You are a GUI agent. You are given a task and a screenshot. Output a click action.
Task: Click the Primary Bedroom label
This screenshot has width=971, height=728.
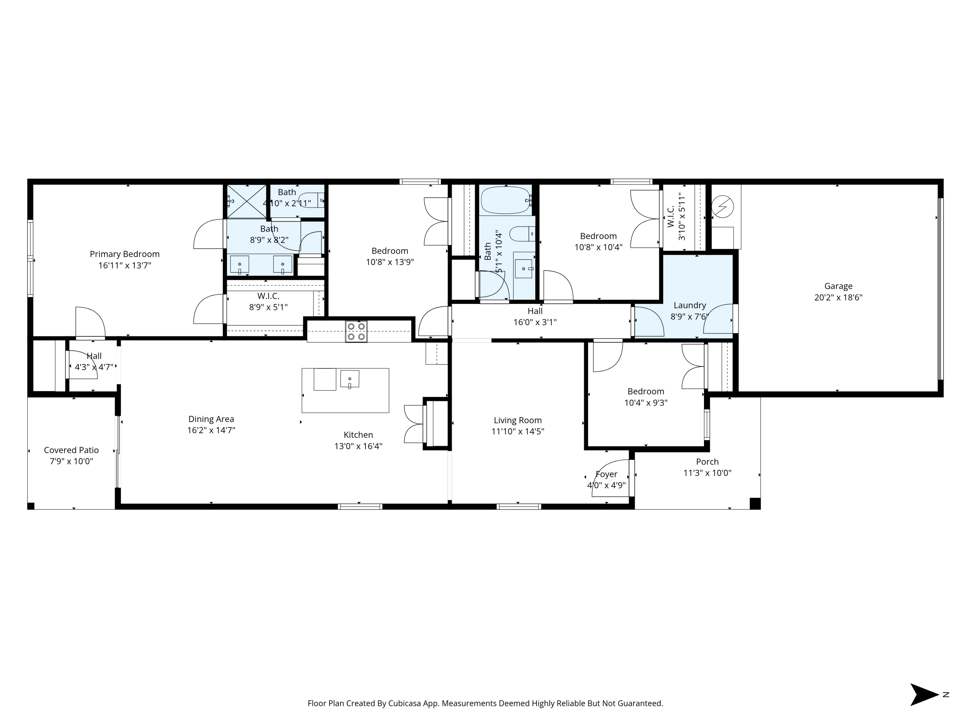[x=125, y=254]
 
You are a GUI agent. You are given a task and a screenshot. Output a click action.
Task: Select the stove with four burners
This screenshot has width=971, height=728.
[x=356, y=331]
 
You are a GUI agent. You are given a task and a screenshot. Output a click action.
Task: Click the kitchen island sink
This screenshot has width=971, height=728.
[x=350, y=379]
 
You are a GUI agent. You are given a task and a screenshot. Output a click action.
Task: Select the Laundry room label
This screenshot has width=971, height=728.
[x=690, y=305]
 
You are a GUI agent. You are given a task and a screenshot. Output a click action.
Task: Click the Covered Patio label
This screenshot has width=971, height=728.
[x=71, y=450]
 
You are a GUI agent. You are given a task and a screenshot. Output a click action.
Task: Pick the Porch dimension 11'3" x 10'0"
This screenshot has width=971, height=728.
[x=707, y=473]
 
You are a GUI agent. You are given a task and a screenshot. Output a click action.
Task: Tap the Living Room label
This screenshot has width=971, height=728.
[x=518, y=420]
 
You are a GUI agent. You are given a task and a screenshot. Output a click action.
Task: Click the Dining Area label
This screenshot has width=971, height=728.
[x=211, y=419]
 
